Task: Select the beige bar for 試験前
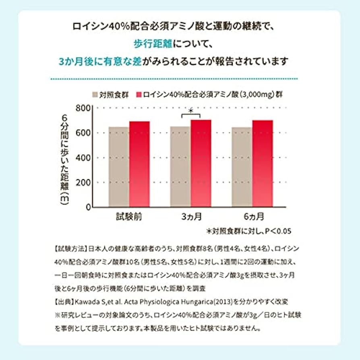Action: [119, 167]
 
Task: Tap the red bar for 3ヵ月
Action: [201, 163]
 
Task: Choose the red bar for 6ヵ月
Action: [263, 163]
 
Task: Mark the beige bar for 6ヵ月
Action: [242, 167]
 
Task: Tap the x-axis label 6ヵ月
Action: [252, 217]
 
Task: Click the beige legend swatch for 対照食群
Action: [95, 95]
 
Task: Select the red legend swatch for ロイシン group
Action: [141, 95]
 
